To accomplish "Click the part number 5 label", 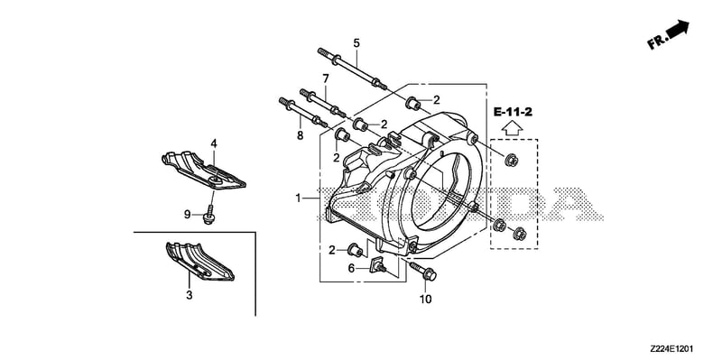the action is point(356,43).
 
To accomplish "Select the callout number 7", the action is point(326,78).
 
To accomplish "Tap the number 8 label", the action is point(301,135).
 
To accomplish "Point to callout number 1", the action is point(299,198).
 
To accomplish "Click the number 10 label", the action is point(425,300).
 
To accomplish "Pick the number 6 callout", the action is point(351,268).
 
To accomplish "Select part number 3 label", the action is point(189,295).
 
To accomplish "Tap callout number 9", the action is point(188,214).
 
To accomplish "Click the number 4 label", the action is point(214,143).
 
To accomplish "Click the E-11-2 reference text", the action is point(513,111).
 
